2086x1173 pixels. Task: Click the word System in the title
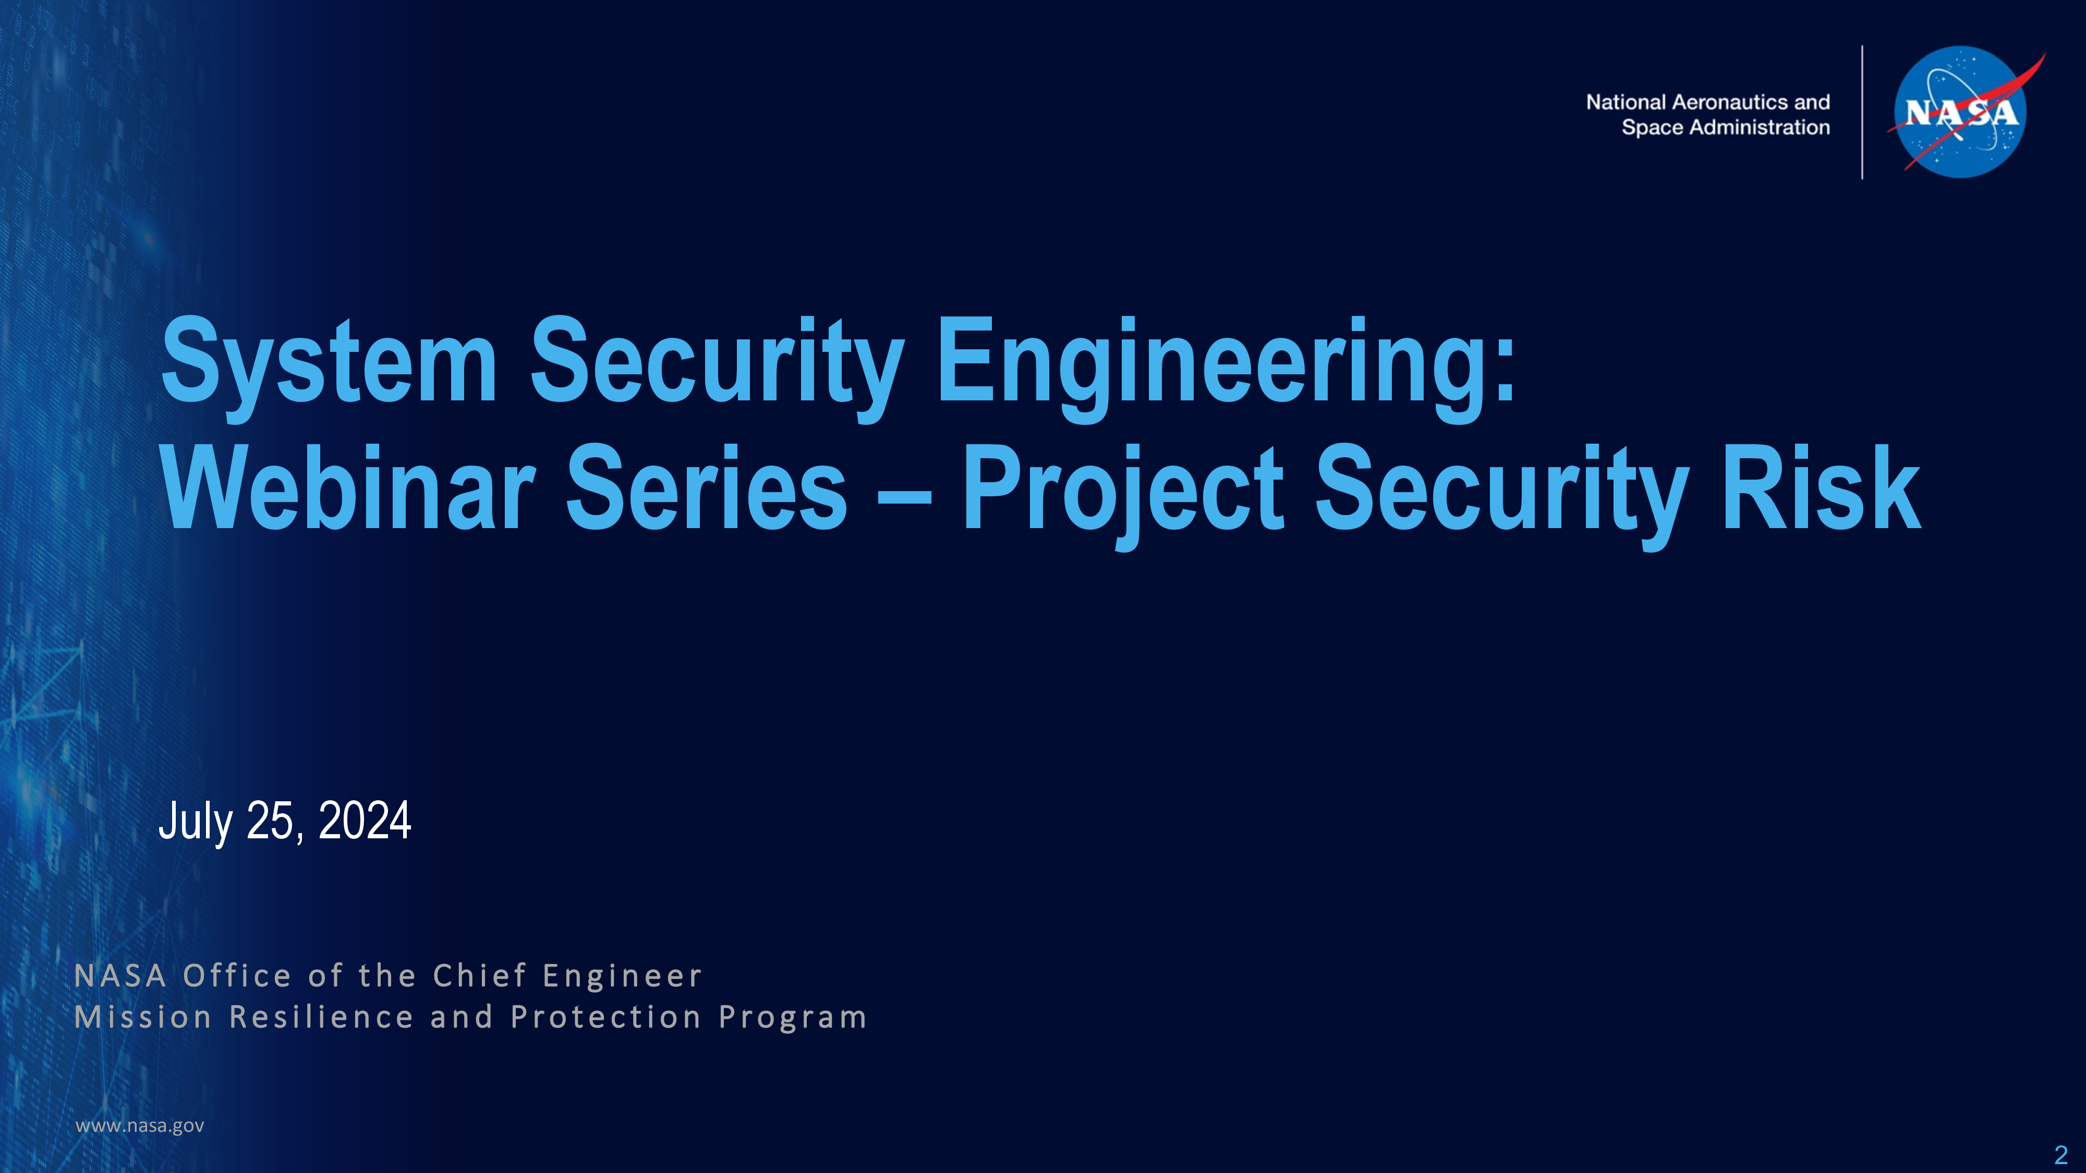click(x=330, y=362)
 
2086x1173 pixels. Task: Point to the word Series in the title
click(x=707, y=487)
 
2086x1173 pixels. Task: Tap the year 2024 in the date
click(x=365, y=820)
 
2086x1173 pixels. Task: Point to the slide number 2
click(x=2061, y=1154)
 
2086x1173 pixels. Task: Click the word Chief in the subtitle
click(x=480, y=975)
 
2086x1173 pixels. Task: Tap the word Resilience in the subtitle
click(x=321, y=1017)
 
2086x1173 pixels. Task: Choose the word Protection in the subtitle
click(x=605, y=1017)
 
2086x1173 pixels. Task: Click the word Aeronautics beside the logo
click(x=1730, y=102)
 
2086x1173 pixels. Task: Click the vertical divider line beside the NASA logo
click(x=1862, y=112)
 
